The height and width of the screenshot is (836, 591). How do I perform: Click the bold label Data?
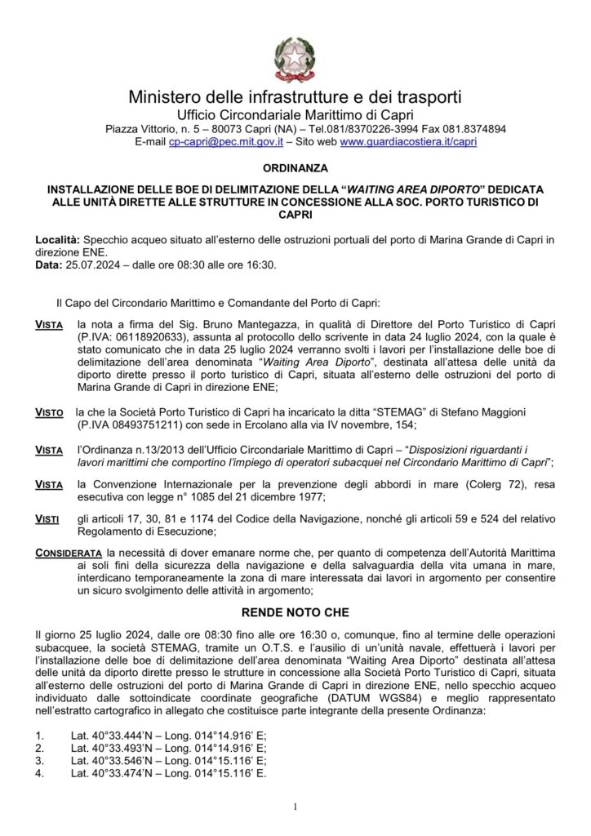48,265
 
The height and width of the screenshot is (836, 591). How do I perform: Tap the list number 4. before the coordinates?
40,772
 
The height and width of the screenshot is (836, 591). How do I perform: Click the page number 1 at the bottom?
295,807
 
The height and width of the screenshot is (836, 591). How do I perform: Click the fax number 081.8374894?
473,129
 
